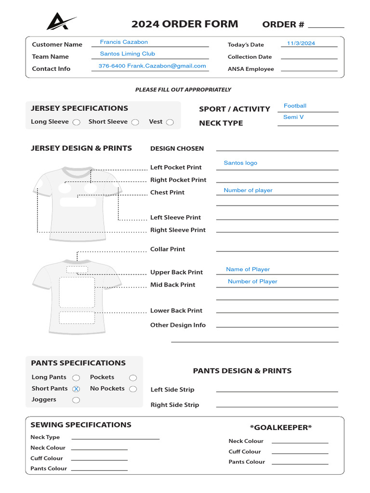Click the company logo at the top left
(61, 22)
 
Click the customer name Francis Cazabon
(124, 42)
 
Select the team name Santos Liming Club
(127, 54)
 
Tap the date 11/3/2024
(301, 43)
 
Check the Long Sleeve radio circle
(76, 122)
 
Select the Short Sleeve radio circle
(135, 122)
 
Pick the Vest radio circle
(170, 122)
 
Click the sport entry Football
(295, 106)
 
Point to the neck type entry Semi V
(293, 117)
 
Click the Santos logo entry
(240, 163)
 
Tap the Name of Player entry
(248, 269)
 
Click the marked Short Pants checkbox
(76, 389)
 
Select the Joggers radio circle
(76, 400)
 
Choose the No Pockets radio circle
(133, 389)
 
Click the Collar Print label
(168, 249)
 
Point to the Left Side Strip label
(172, 389)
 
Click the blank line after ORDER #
(326, 25)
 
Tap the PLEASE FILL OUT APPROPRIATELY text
(183, 90)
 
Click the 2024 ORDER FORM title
(185, 24)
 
